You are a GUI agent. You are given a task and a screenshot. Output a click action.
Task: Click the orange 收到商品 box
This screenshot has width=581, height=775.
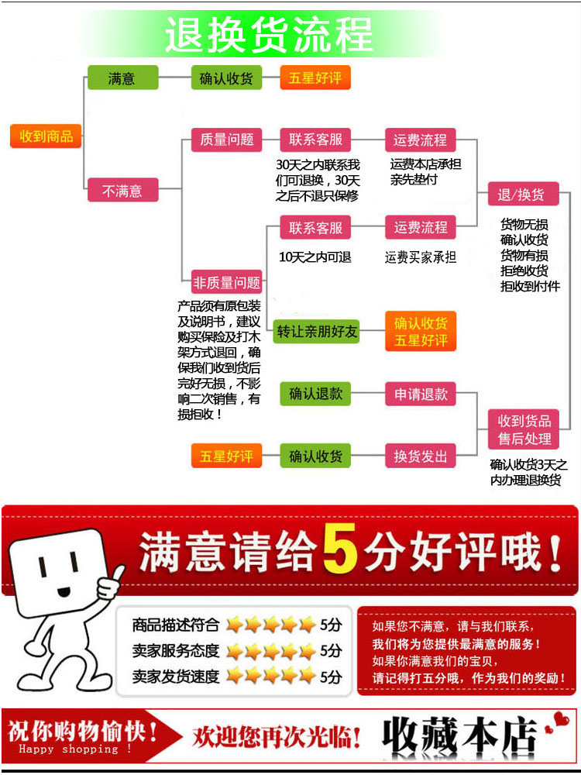tap(46, 136)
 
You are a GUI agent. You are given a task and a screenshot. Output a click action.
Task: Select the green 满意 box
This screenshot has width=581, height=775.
tap(122, 78)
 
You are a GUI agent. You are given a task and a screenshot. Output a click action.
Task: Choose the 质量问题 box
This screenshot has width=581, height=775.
tap(227, 139)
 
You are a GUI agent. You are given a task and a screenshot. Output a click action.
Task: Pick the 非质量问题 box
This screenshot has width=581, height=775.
tap(227, 282)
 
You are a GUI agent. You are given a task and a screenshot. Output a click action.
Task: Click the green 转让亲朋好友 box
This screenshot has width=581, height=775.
tap(318, 332)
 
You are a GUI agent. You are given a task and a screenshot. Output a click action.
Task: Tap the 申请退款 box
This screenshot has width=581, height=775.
tap(421, 394)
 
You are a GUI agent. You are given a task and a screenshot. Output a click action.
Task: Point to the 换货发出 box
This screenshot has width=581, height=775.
tap(421, 456)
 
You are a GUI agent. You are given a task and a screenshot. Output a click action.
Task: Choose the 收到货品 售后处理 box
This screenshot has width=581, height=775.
tap(524, 429)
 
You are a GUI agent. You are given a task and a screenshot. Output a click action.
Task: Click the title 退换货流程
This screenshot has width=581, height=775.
tap(269, 35)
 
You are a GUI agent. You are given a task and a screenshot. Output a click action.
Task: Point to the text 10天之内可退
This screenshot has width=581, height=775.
tap(315, 257)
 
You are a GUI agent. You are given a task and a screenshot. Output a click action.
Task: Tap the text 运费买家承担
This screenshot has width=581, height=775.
tap(421, 257)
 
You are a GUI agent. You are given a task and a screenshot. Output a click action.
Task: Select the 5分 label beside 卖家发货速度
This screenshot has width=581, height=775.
tap(331, 676)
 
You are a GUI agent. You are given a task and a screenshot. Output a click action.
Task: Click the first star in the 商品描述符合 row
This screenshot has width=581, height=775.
tap(233, 625)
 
